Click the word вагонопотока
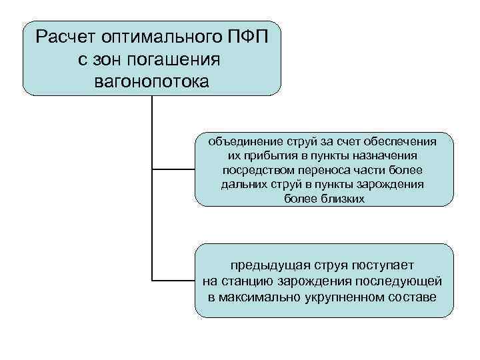(151, 83)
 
